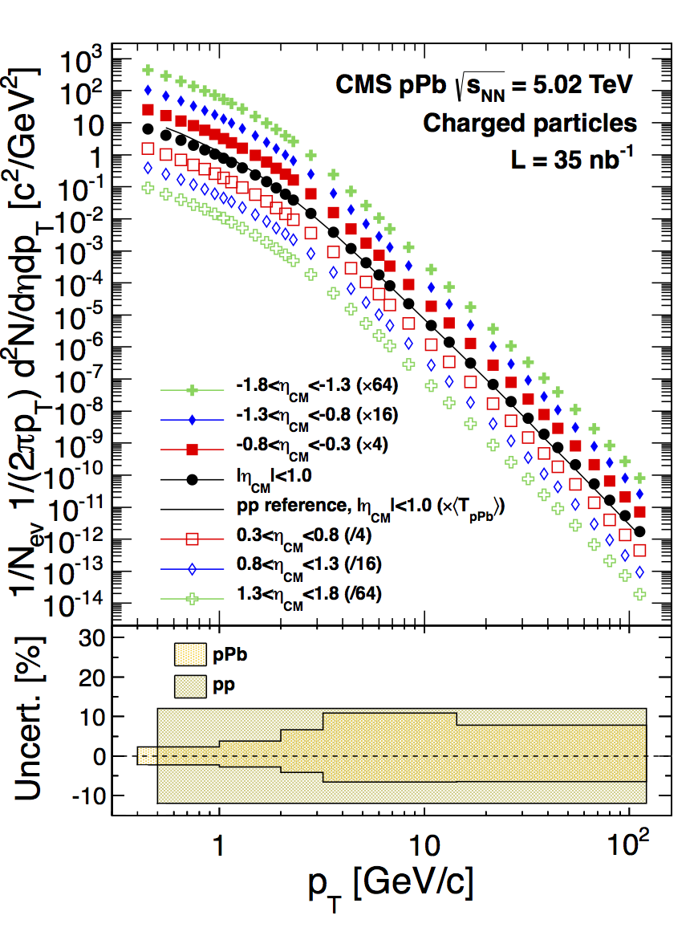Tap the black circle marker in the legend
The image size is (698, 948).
click(193, 480)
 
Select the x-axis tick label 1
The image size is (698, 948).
click(219, 844)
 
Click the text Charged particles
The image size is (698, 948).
click(530, 123)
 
